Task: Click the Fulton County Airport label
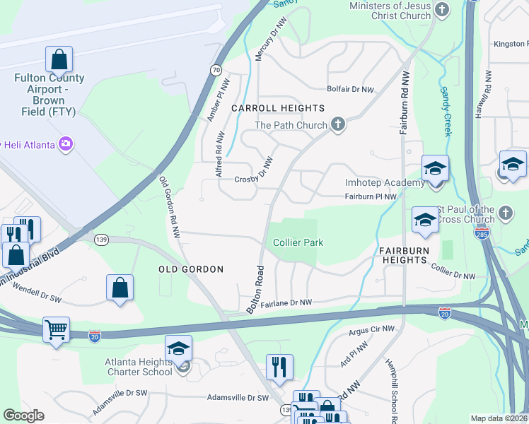point(49,95)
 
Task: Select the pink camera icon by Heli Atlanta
point(66,144)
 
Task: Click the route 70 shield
point(216,70)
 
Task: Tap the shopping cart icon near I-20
point(56,329)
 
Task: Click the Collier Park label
point(298,242)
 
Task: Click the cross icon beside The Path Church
point(337,125)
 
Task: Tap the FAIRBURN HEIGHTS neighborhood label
point(405,251)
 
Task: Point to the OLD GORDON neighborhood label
point(190,269)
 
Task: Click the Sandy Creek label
point(446,112)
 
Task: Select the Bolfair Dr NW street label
point(349,90)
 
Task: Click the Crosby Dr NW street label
point(254,179)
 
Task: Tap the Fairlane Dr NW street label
point(286,303)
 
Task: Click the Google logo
point(23,416)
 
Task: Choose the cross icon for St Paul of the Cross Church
point(505,213)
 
